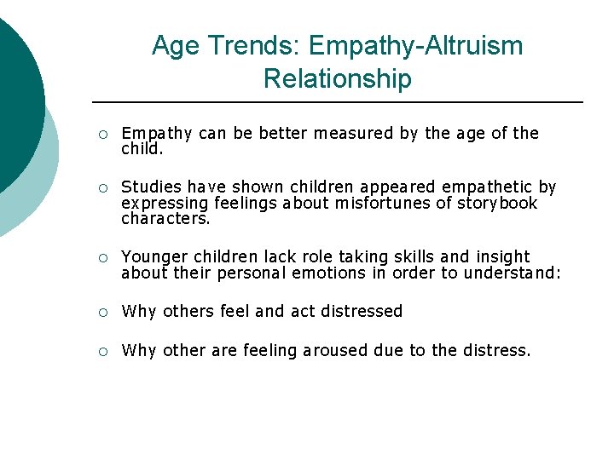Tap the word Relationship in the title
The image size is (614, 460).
337,78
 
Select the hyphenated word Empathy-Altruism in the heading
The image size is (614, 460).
416,45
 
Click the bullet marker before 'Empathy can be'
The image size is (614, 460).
101,134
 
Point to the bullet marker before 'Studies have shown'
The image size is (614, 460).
101,187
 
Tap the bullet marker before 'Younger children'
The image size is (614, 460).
101,257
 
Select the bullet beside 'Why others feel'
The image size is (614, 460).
101,312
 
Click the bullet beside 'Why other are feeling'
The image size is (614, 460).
101,351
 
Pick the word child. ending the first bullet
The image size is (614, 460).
142,148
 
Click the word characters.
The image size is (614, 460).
165,218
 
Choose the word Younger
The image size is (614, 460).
153,256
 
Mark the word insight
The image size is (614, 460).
503,256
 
